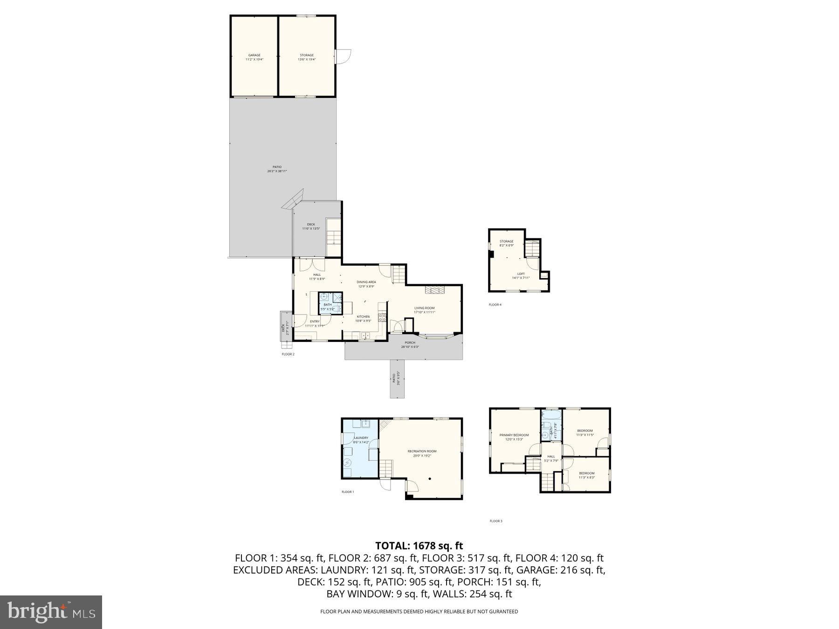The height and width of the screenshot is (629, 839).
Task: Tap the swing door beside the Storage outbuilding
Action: (343, 56)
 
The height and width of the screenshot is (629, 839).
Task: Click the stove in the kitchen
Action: (382, 318)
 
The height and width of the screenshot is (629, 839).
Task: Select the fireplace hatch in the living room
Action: (434, 290)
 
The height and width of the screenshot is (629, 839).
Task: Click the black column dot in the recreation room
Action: (430, 479)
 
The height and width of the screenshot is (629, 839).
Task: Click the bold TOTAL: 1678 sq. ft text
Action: (419, 546)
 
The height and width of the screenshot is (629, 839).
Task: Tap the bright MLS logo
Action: (51, 612)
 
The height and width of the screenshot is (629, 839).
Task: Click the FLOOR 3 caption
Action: (495, 521)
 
